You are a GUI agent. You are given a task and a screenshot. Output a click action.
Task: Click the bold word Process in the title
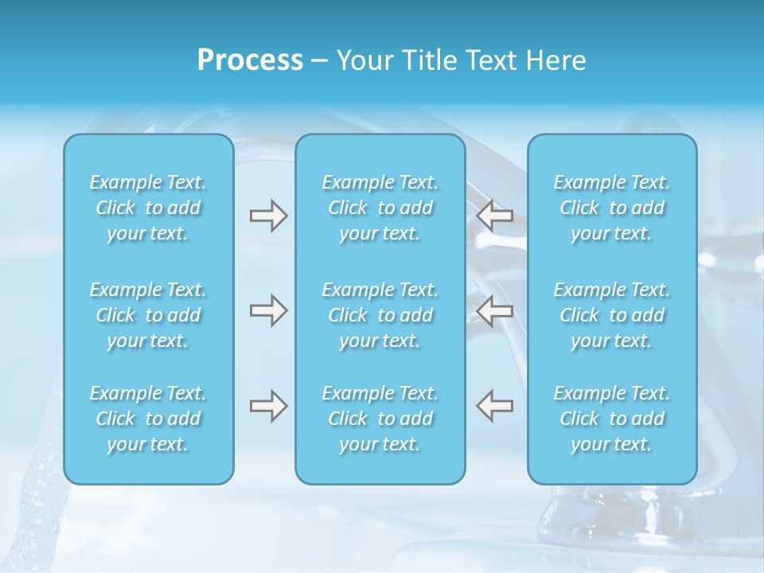pyautogui.click(x=250, y=60)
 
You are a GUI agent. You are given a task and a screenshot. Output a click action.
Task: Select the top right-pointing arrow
pyautogui.click(x=268, y=216)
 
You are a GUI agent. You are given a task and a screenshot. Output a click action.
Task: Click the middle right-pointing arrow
pyautogui.click(x=268, y=310)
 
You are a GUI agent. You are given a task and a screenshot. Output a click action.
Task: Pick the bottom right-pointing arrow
pyautogui.click(x=268, y=406)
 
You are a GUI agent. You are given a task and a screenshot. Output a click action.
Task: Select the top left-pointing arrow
pyautogui.click(x=495, y=216)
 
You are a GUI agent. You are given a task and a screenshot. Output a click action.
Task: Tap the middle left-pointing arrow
pyautogui.click(x=495, y=310)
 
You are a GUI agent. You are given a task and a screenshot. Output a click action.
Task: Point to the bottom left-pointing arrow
pyautogui.click(x=495, y=406)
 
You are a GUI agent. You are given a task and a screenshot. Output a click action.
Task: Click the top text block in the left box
pyautogui.click(x=148, y=208)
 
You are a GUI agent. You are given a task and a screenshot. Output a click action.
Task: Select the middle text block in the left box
pyautogui.click(x=148, y=315)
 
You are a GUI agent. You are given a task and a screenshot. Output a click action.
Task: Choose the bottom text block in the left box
pyautogui.click(x=148, y=419)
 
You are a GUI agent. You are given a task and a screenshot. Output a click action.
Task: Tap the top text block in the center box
pyautogui.click(x=380, y=208)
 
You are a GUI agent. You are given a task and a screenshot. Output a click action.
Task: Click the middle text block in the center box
pyautogui.click(x=380, y=315)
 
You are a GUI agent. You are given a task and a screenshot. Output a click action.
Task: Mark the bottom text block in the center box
pyautogui.click(x=380, y=419)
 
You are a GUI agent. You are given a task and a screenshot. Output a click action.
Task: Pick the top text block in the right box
pyautogui.click(x=612, y=208)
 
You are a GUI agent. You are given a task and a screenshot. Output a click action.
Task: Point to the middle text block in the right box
pyautogui.click(x=612, y=315)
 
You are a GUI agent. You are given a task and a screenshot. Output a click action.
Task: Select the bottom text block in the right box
pyautogui.click(x=612, y=419)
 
